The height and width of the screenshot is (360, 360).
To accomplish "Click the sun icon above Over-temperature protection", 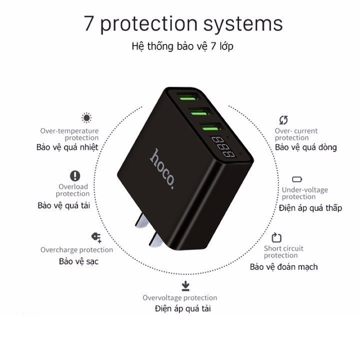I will tap(86, 118).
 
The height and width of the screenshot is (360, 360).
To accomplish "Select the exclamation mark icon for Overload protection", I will tap(75, 175).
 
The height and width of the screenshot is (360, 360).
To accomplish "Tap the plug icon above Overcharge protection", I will tap(96, 237).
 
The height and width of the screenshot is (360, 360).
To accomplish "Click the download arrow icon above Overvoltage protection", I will tap(185, 286).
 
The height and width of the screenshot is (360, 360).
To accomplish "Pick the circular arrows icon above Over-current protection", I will tap(283, 120).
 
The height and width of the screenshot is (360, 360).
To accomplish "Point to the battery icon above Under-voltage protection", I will tap(297, 179).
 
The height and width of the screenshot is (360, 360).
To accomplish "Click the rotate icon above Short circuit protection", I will tap(276, 237).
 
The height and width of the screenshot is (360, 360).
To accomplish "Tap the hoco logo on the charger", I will tap(162, 168).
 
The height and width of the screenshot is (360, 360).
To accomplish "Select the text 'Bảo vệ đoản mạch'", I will tap(284, 267).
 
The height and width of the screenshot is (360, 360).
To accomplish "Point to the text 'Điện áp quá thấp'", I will tap(310, 208).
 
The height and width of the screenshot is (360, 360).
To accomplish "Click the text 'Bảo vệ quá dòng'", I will tap(306, 147).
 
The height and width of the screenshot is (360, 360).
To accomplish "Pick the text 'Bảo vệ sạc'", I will tap(78, 261).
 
